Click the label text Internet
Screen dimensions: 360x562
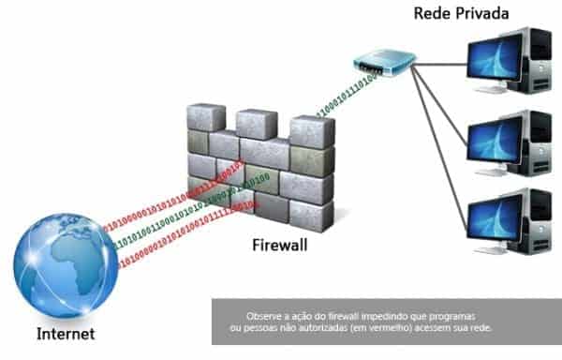point(65,333)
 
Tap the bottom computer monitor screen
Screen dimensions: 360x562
point(495,218)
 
